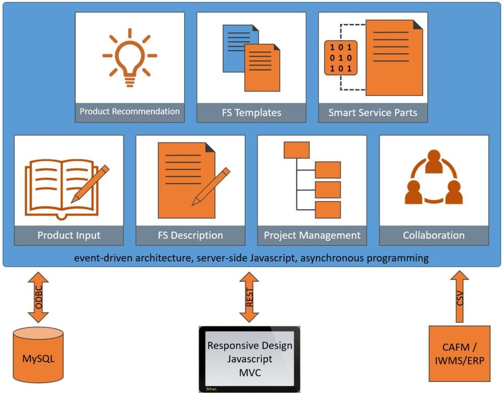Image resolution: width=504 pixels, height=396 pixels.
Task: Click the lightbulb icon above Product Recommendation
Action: (x=130, y=57)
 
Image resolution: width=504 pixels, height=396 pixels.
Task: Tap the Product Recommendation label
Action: (x=130, y=111)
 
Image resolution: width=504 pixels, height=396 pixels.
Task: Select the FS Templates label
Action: (x=251, y=112)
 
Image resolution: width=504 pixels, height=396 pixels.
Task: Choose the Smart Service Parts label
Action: (x=373, y=112)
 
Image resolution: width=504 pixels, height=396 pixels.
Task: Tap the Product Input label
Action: (x=69, y=235)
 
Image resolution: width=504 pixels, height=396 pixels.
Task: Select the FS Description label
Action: (x=191, y=235)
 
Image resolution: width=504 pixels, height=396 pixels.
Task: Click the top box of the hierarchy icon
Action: (x=296, y=150)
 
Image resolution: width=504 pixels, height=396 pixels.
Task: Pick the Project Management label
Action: (x=312, y=235)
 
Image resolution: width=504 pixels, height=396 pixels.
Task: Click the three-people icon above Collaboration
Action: (x=433, y=179)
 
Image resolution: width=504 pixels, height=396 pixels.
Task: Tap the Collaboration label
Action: (x=434, y=235)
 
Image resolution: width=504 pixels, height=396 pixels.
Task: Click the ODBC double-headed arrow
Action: (x=38, y=298)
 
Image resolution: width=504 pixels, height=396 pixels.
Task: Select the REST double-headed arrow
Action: (x=249, y=298)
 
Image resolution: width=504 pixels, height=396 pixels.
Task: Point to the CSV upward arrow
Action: (x=459, y=297)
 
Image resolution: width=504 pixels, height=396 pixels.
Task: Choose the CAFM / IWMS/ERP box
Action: (x=459, y=354)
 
